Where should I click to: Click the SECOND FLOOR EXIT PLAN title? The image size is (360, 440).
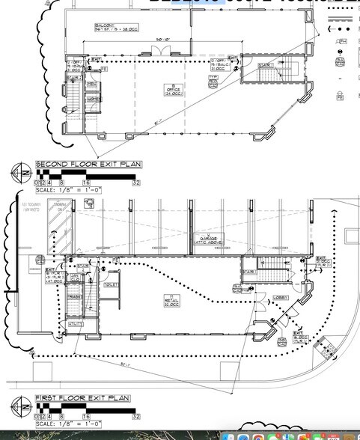tap(88, 164)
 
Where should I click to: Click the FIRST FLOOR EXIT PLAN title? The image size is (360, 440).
tap(82, 398)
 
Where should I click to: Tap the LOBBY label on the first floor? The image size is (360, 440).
tap(280, 297)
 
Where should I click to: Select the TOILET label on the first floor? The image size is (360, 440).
tap(112, 285)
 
